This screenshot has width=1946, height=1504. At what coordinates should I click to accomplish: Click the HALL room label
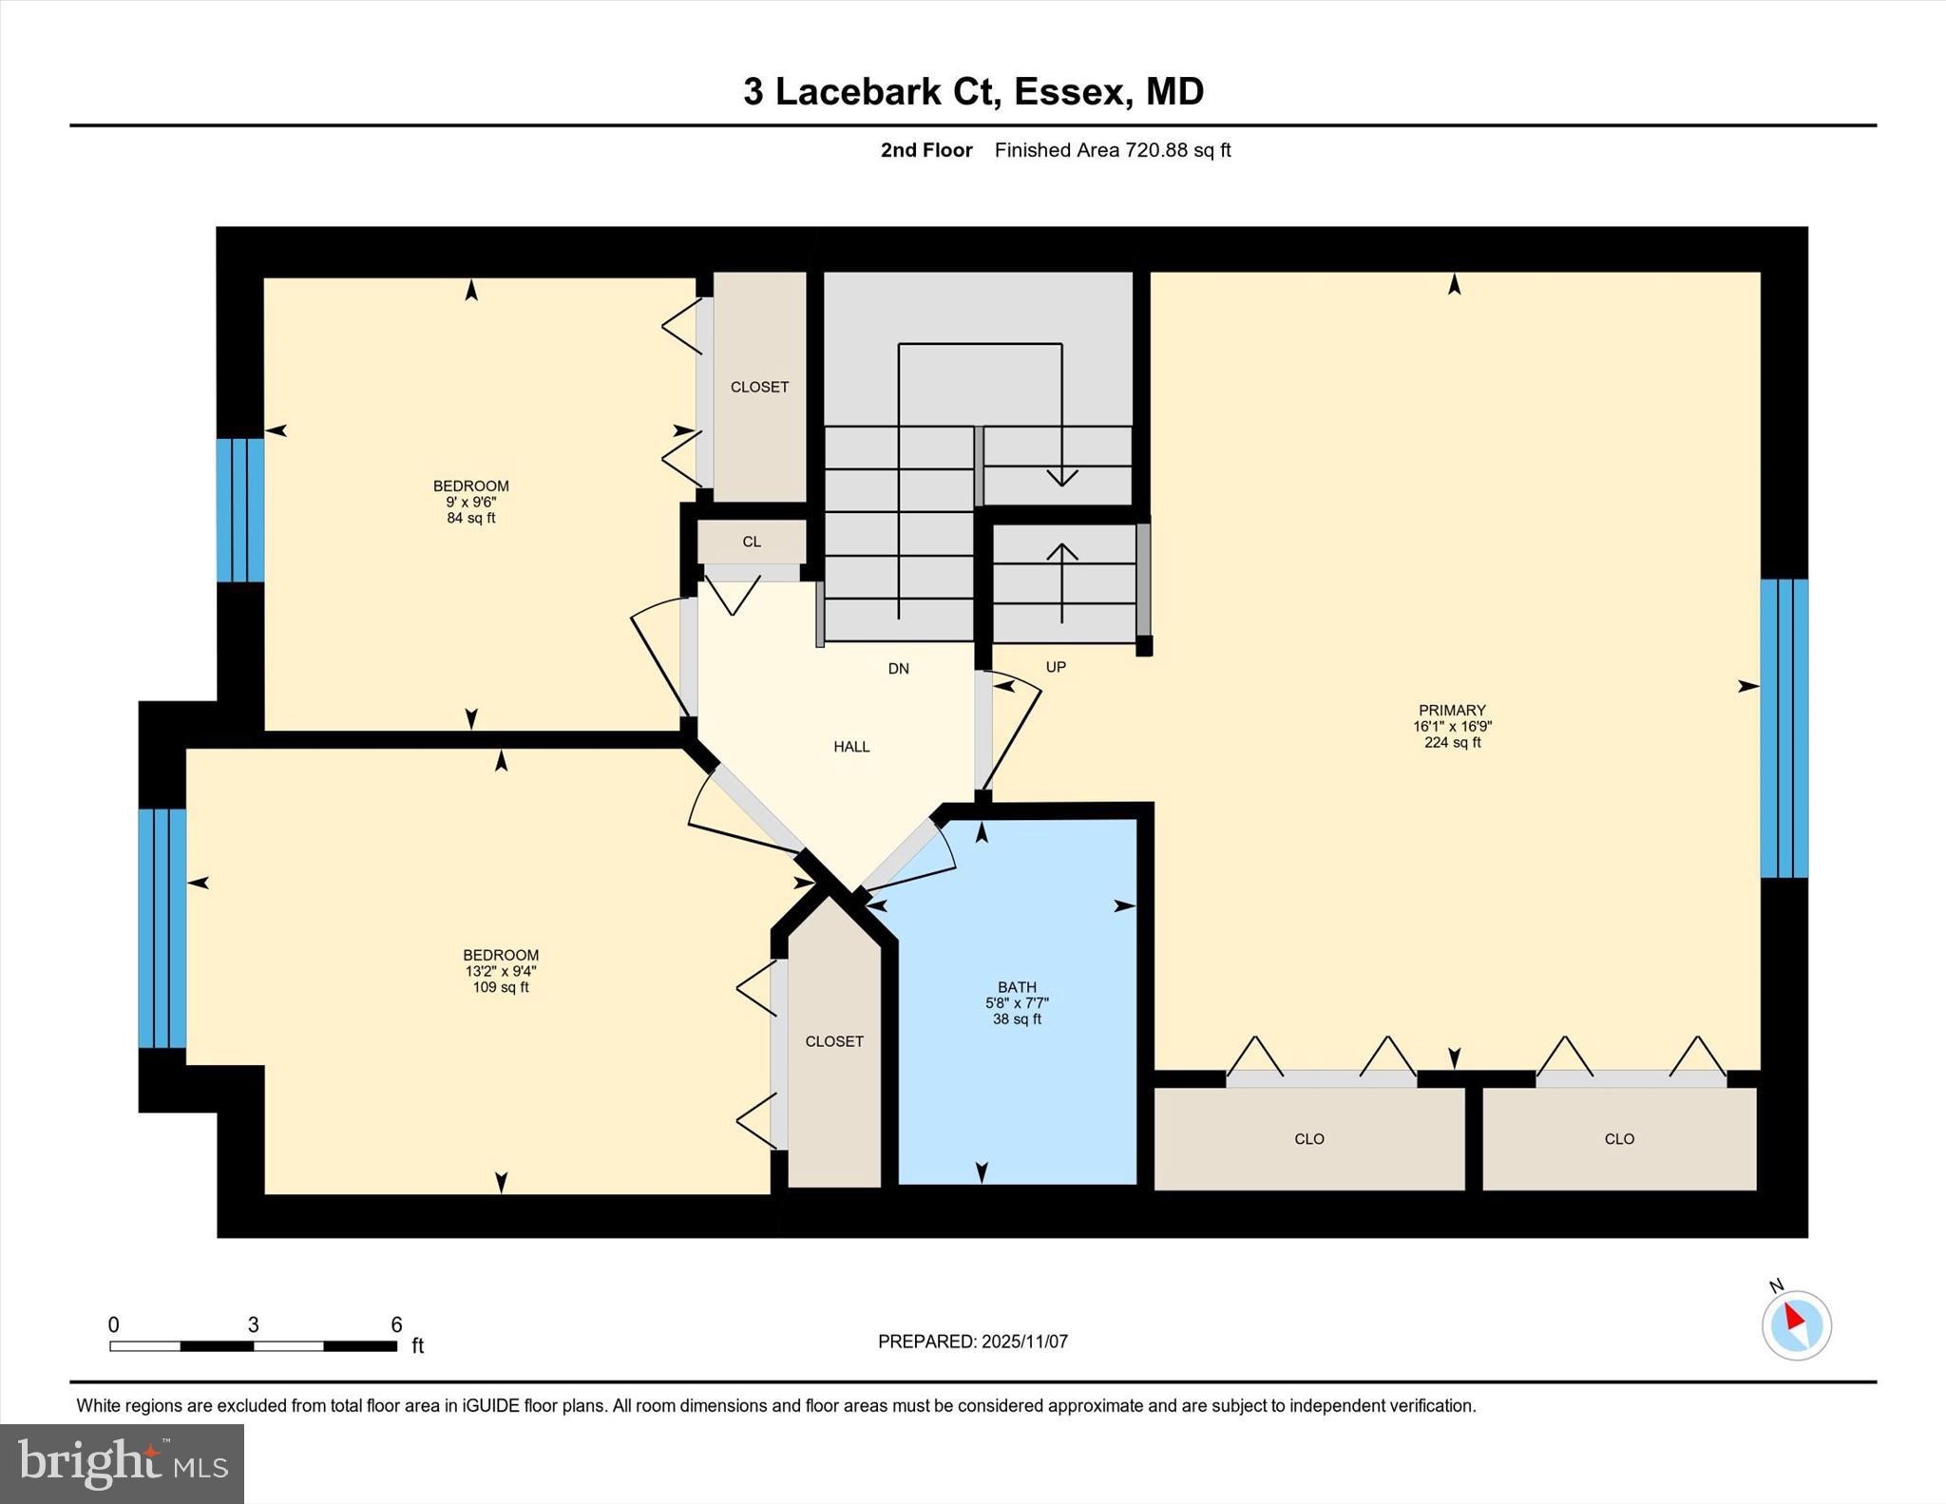[851, 747]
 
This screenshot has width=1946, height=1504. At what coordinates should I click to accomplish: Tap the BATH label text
[1017, 987]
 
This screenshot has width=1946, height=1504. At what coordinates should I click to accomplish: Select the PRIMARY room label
[1451, 710]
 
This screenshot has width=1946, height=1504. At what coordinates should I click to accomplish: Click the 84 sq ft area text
[471, 518]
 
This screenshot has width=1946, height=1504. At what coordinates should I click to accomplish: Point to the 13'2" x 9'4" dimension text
[501, 971]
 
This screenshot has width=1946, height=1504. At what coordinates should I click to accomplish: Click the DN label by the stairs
[898, 669]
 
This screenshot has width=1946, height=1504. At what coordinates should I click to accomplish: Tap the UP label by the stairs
[1056, 667]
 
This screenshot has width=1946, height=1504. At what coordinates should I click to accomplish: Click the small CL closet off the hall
[752, 542]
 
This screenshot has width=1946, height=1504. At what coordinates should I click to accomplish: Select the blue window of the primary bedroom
[1784, 728]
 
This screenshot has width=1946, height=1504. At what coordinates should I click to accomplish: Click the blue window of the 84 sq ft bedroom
[240, 510]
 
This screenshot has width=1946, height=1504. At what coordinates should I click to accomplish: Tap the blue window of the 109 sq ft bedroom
[162, 928]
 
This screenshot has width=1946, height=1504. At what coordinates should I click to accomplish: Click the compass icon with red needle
[1796, 1324]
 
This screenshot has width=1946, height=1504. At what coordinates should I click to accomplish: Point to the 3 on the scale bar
[253, 1324]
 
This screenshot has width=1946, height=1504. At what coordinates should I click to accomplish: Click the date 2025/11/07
[1024, 1342]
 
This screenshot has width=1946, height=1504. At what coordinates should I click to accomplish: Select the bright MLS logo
[122, 1463]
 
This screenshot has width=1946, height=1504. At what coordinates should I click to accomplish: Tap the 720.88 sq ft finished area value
[1177, 150]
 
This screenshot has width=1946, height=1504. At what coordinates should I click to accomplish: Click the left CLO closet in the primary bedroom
[1308, 1138]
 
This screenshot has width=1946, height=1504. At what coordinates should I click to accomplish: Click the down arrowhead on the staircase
[1061, 477]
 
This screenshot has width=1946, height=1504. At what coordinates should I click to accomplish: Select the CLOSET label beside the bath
[834, 1041]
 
